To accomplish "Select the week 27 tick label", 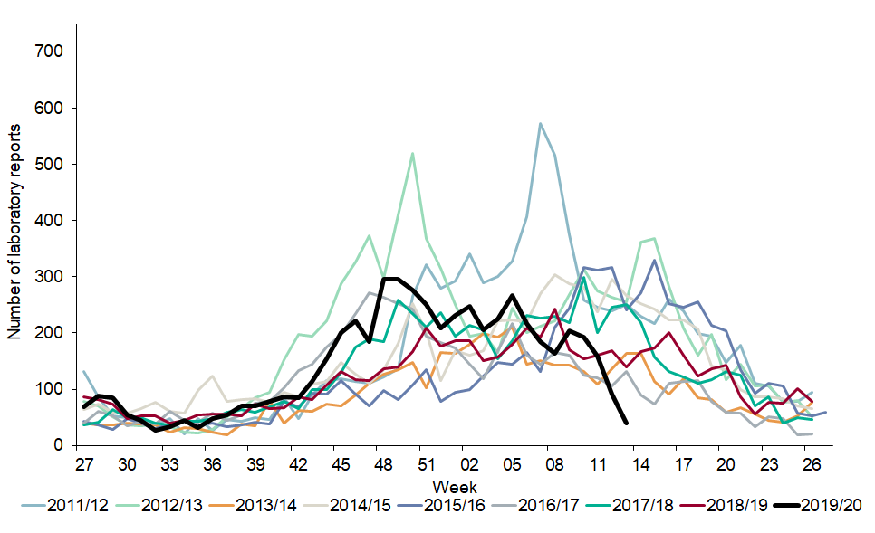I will (83, 462).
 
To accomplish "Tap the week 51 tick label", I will (422, 462).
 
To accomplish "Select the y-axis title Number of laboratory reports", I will (15, 246).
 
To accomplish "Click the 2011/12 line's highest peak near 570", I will (540, 124).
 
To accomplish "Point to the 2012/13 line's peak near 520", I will (412, 153).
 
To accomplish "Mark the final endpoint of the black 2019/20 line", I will (627, 423).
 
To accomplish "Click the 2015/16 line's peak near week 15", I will (654, 261).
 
